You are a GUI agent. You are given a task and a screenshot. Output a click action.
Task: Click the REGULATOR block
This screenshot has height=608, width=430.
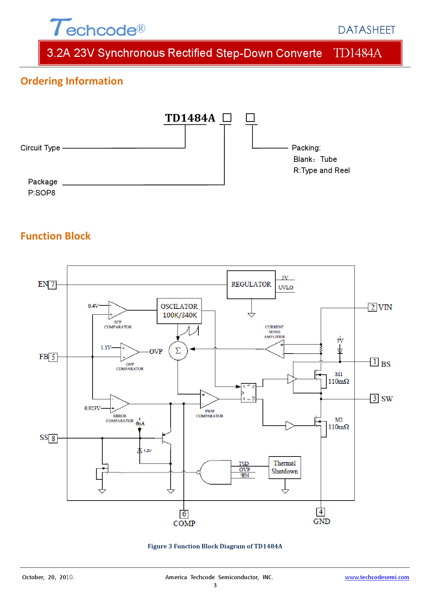click(x=251, y=285)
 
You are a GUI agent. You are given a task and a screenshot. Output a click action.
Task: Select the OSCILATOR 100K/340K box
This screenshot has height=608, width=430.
click(x=179, y=311)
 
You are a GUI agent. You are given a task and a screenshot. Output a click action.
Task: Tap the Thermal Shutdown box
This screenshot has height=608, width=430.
click(x=285, y=468)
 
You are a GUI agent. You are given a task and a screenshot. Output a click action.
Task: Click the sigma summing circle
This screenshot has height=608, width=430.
click(x=178, y=350)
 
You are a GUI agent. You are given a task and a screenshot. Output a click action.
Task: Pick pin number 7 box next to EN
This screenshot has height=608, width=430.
click(x=52, y=285)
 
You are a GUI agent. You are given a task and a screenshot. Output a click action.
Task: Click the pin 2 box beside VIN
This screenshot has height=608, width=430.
click(x=372, y=307)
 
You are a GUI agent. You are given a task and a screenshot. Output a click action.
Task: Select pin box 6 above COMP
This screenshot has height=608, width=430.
click(x=184, y=514)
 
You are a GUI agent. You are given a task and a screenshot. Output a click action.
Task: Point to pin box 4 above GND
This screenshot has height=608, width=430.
click(x=321, y=512)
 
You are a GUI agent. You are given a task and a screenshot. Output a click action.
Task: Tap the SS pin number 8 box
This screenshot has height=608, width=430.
click(x=53, y=438)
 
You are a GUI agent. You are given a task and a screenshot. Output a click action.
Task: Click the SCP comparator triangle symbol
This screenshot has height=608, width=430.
click(x=117, y=310)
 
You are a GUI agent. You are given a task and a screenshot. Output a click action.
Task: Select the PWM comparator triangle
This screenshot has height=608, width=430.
click(x=208, y=399)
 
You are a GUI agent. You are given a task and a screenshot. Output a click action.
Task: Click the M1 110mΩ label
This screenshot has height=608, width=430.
click(x=338, y=378)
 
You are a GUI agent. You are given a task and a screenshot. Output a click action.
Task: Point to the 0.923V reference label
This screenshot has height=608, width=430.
click(x=92, y=408)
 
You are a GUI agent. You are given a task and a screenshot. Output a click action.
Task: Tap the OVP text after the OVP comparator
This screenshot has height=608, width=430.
click(x=156, y=351)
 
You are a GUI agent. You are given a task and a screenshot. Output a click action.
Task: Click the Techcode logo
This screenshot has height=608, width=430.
click(x=97, y=28)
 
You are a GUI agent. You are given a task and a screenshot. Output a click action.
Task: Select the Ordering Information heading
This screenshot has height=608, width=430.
click(x=72, y=81)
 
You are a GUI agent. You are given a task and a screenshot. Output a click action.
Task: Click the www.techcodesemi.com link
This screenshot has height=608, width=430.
click(x=377, y=577)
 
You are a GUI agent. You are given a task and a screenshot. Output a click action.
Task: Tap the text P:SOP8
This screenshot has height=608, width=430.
click(x=42, y=193)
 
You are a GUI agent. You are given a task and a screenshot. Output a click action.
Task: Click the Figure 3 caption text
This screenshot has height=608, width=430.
click(x=215, y=546)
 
